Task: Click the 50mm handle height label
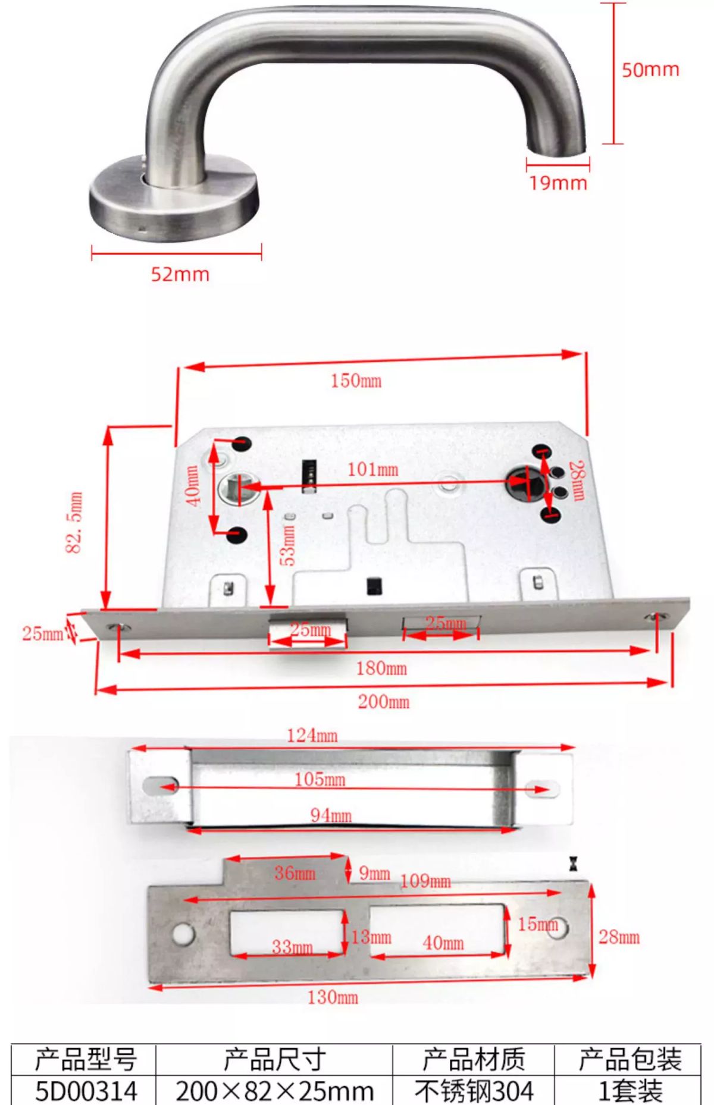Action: click(x=650, y=70)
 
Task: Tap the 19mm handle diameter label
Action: click(x=558, y=183)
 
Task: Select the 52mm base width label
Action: click(x=180, y=274)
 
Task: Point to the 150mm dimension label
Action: click(x=356, y=381)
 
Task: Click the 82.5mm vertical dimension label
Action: click(x=74, y=522)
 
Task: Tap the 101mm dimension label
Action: click(x=373, y=470)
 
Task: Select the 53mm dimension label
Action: click(x=287, y=545)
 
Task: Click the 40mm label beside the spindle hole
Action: click(x=193, y=486)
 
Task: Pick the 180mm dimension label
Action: click(x=381, y=668)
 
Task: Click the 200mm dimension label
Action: click(x=384, y=702)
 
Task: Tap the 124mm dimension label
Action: click(x=312, y=736)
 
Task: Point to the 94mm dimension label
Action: click(x=331, y=815)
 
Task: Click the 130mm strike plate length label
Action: click(x=333, y=997)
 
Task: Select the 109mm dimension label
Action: click(x=425, y=881)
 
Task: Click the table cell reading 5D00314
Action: click(x=86, y=1091)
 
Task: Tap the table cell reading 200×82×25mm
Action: click(x=274, y=1091)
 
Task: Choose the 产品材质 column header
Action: click(x=474, y=1059)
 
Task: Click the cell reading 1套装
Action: click(x=630, y=1091)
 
